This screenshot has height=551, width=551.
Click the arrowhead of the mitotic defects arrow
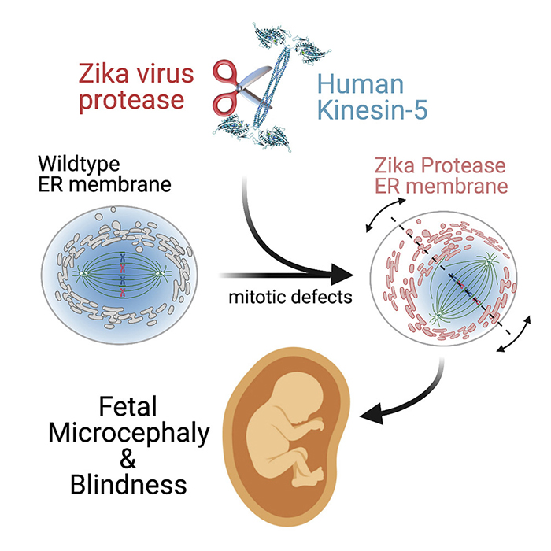339,276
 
